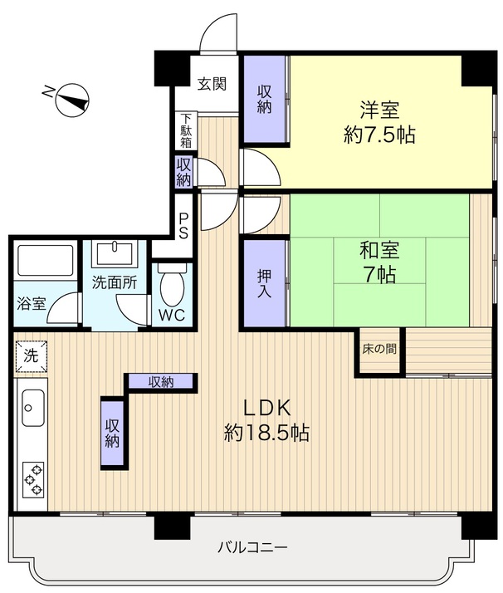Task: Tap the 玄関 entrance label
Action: (212, 84)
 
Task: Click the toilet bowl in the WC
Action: (173, 284)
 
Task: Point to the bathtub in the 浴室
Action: (46, 261)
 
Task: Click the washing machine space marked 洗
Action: (31, 355)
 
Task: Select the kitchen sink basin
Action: (33, 408)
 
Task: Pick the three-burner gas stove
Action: (33, 480)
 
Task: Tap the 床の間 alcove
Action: (379, 350)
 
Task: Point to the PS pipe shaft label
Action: (183, 227)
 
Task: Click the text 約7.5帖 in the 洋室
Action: (379, 135)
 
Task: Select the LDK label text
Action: (267, 408)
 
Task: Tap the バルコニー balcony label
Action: (252, 547)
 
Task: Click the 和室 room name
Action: (379, 250)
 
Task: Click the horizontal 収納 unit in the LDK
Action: (161, 381)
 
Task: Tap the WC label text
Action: (172, 315)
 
